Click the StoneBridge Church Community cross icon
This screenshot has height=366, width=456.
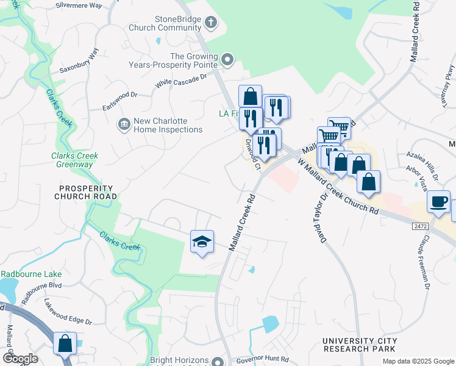[x=211, y=23]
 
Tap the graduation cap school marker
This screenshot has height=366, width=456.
[x=202, y=242]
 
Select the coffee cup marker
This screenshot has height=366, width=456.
[x=438, y=202]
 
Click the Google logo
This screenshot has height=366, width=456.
[x=20, y=358]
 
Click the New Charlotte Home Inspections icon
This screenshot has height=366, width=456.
[x=124, y=124]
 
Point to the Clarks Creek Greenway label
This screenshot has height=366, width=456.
[x=75, y=160]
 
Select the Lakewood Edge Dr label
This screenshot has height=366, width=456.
[x=68, y=312]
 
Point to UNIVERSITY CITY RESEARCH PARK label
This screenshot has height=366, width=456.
[x=360, y=345]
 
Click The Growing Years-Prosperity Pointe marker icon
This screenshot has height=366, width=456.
[x=227, y=59]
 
